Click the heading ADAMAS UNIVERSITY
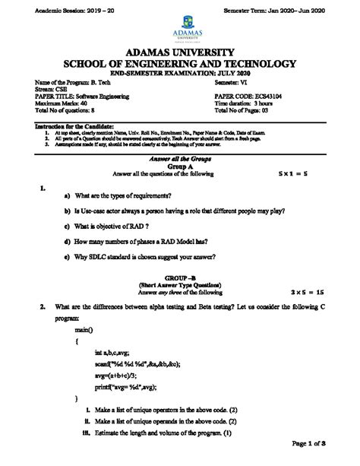179,53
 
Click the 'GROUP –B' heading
180,277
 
